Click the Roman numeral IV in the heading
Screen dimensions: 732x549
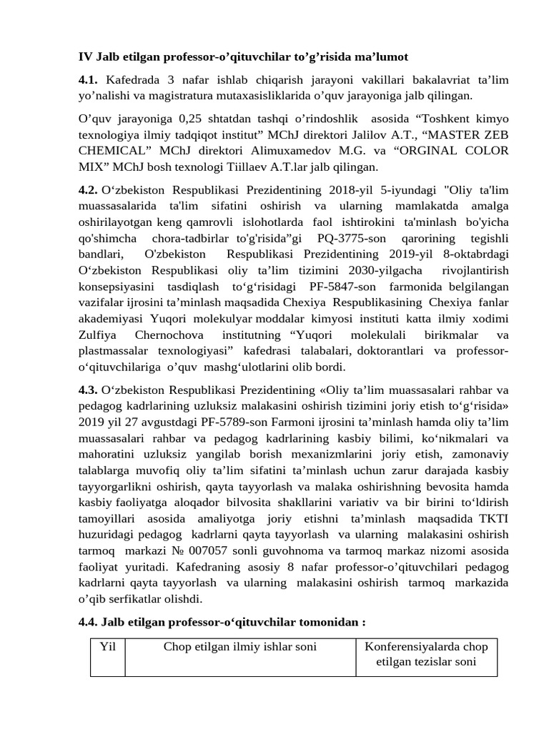85,56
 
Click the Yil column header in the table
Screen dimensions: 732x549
108,647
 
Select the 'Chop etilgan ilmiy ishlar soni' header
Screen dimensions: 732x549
240,647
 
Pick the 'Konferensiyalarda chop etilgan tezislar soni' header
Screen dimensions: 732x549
426,654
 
